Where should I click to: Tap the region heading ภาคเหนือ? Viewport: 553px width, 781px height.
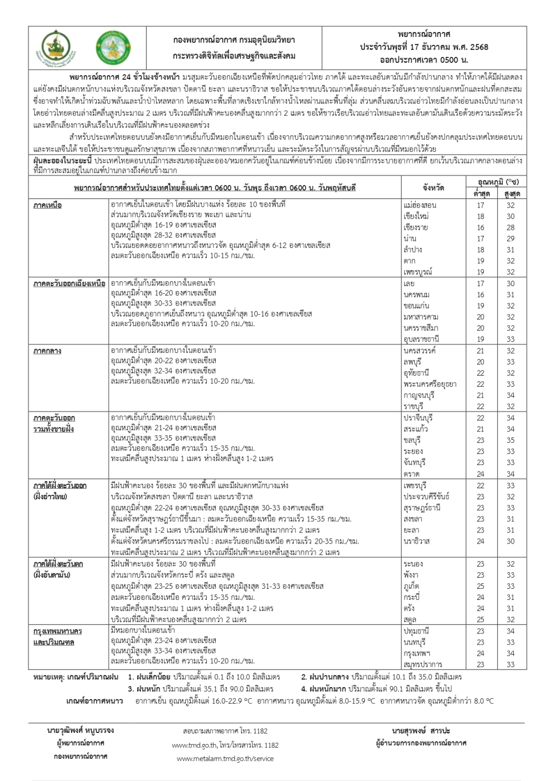pyautogui.click(x=47, y=205)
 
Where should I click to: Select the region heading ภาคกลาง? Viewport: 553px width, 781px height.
pyautogui.click(x=47, y=351)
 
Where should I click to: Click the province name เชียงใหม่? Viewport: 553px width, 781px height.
pyautogui.click(x=416, y=217)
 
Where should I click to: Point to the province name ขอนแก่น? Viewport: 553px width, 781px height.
pyautogui.click(x=416, y=306)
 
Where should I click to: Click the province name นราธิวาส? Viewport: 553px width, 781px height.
pyautogui.click(x=416, y=541)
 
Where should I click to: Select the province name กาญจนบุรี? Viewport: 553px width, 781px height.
pyautogui.click(x=418, y=395)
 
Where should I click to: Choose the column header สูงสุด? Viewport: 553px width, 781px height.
pyautogui.click(x=510, y=194)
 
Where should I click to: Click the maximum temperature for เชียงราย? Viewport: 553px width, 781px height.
pyautogui.click(x=510, y=228)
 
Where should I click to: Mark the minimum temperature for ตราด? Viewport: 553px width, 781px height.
pyautogui.click(x=481, y=474)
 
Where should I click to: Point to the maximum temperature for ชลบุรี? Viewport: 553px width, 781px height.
pyautogui.click(x=510, y=440)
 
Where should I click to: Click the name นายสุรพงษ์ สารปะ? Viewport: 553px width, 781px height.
pyautogui.click(x=420, y=731)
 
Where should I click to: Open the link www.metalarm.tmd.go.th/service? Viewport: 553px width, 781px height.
pyautogui.click(x=225, y=759)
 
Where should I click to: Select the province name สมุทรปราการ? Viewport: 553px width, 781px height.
pyautogui.click(x=423, y=664)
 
